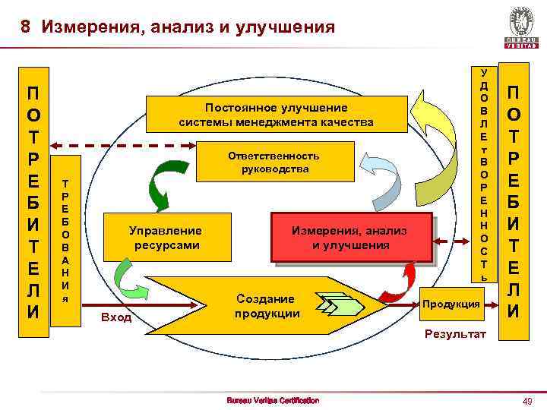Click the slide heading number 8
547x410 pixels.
pyautogui.click(x=25, y=28)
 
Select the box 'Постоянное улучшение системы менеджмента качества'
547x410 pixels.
pyautogui.click(x=277, y=115)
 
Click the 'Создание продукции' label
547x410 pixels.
pyautogui.click(x=264, y=305)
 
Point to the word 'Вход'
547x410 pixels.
pyautogui.click(x=116, y=317)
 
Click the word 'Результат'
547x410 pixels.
pyautogui.click(x=455, y=334)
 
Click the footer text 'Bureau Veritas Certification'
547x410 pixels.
pyautogui.click(x=273, y=400)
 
